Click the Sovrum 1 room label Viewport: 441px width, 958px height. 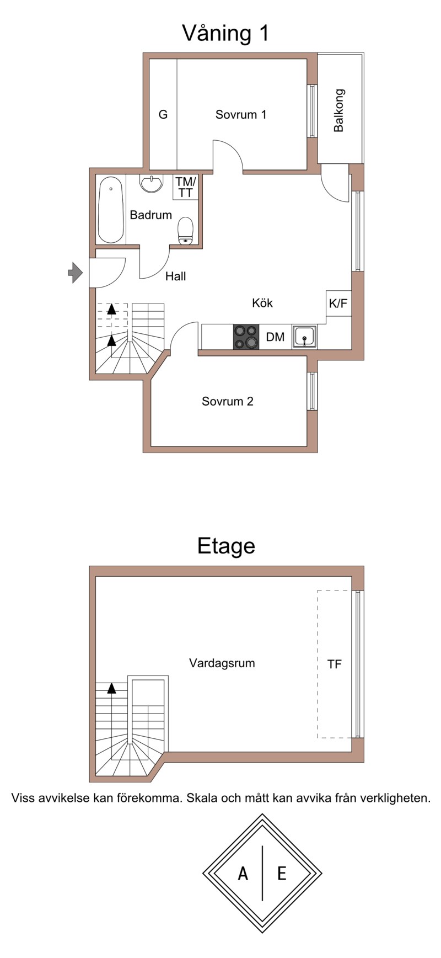click(241, 115)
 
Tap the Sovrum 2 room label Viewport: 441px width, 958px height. click(228, 401)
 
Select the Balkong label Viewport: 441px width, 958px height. click(338, 110)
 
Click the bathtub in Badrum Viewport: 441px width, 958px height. click(111, 210)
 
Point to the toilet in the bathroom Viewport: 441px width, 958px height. click(186, 230)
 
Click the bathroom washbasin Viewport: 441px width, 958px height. click(151, 183)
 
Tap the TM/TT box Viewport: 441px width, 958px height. click(185, 187)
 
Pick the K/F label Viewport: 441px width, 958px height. click(338, 303)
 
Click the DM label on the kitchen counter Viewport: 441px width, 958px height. click(276, 337)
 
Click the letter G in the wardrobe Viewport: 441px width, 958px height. click(163, 115)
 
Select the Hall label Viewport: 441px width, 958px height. click(176, 276)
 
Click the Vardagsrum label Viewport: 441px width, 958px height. click(222, 663)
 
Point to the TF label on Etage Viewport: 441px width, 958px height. click(335, 664)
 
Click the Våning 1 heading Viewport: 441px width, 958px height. click(226, 34)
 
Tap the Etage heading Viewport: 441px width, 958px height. click(227, 546)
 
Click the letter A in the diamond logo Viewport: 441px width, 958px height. click(243, 874)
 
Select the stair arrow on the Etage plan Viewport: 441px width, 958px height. click(112, 688)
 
